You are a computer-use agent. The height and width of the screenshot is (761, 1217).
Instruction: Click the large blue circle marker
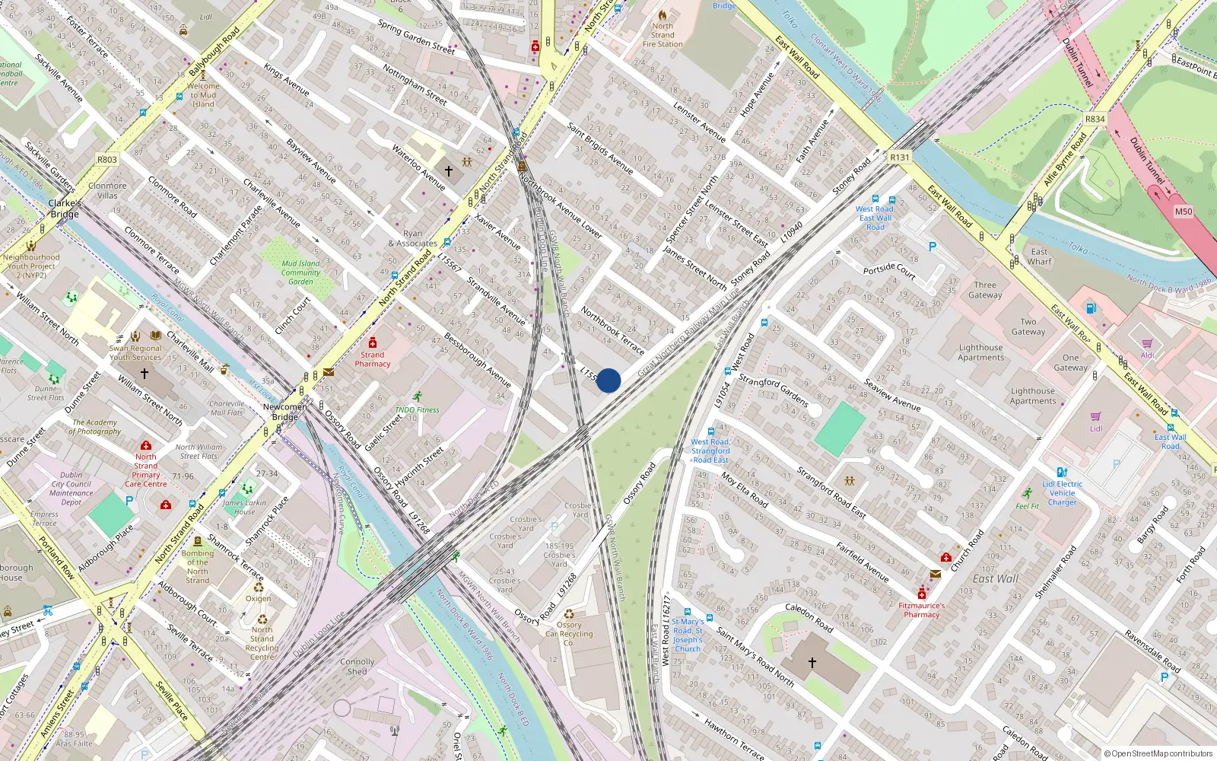click(x=608, y=380)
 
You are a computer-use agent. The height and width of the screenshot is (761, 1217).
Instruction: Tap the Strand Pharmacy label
click(x=373, y=359)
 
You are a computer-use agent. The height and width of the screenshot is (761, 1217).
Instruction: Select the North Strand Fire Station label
click(x=663, y=35)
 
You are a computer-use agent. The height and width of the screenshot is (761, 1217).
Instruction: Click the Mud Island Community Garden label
click(x=300, y=272)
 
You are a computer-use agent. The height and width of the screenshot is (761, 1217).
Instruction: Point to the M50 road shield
click(x=1184, y=212)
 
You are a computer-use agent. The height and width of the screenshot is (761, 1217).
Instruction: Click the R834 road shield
click(x=1095, y=119)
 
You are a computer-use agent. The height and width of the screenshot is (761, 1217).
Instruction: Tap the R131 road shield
click(x=900, y=158)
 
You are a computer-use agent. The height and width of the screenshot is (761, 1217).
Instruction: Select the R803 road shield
click(x=107, y=160)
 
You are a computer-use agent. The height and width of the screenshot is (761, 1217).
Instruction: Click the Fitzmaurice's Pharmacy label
click(x=922, y=610)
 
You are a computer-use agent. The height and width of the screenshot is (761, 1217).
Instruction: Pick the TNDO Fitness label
click(x=417, y=409)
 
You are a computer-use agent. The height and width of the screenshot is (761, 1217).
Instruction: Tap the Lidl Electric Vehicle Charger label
click(x=1063, y=493)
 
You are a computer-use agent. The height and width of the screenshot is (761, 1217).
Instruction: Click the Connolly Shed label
click(x=357, y=667)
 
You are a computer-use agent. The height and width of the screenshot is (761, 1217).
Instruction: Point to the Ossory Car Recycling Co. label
click(x=569, y=634)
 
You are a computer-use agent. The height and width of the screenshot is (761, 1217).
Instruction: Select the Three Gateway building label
click(x=985, y=290)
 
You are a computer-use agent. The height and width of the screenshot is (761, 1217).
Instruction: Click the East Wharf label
click(x=1040, y=256)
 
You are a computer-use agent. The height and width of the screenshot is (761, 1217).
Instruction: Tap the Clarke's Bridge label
click(x=65, y=209)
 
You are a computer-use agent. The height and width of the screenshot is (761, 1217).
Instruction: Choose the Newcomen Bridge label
click(x=285, y=412)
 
